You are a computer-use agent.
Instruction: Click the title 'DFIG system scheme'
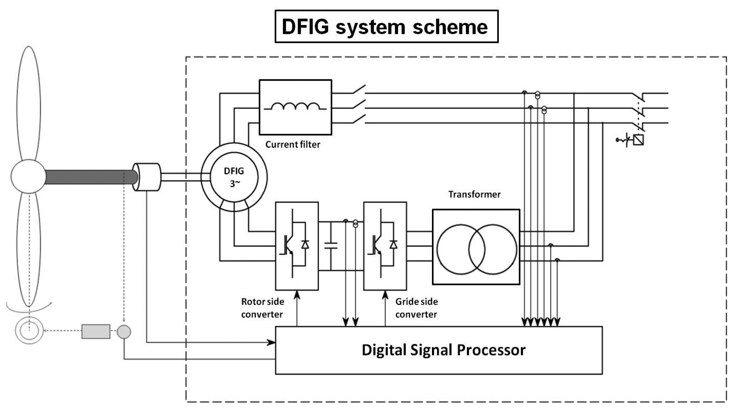(386, 27)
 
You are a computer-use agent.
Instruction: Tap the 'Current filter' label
(293, 144)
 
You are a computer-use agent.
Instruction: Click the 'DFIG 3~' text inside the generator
(234, 177)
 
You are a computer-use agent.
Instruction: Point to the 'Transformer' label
(474, 194)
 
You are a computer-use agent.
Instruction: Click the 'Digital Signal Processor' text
(443, 350)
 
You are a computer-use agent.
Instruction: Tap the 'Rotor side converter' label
(262, 308)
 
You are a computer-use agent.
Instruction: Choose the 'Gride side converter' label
(416, 308)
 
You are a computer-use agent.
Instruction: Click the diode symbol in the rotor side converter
(305, 244)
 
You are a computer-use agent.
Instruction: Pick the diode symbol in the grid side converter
(393, 244)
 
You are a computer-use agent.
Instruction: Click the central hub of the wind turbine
(28, 176)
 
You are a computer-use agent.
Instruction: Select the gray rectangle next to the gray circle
(96, 332)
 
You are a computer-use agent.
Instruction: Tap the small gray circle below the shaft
(124, 332)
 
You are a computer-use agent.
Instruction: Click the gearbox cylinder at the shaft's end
(147, 177)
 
